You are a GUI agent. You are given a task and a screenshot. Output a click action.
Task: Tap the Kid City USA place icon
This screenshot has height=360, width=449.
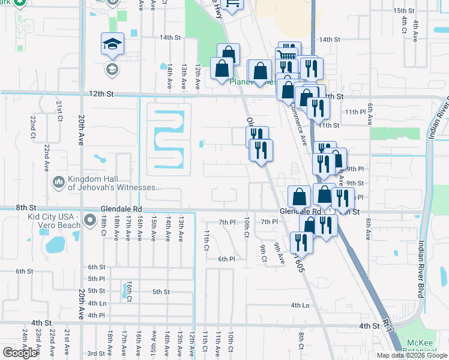pos(90,221)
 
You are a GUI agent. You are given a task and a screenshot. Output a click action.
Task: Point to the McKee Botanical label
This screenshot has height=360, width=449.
pos(424,347)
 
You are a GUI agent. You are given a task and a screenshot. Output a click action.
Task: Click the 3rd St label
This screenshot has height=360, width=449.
pos(97,353)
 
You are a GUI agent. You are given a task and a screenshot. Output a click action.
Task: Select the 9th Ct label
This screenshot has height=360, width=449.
pos(264,253)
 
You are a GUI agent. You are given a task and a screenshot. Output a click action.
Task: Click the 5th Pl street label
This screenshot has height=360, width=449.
pos(97,279)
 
